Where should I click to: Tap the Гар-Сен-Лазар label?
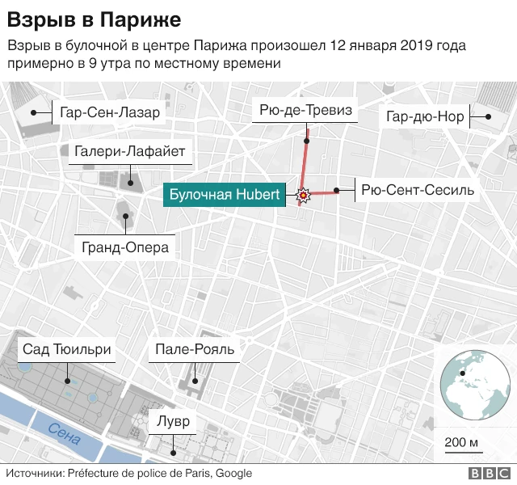(110, 112)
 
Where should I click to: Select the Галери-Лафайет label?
(130, 151)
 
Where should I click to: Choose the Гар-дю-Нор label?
(425, 116)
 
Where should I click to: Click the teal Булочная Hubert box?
(224, 195)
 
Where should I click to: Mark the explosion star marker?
(303, 195)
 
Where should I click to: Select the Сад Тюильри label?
(67, 349)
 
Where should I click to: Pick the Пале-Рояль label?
(195, 349)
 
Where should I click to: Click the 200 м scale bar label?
(462, 442)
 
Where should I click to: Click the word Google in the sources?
(233, 474)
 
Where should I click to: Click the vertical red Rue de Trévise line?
(305, 158)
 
